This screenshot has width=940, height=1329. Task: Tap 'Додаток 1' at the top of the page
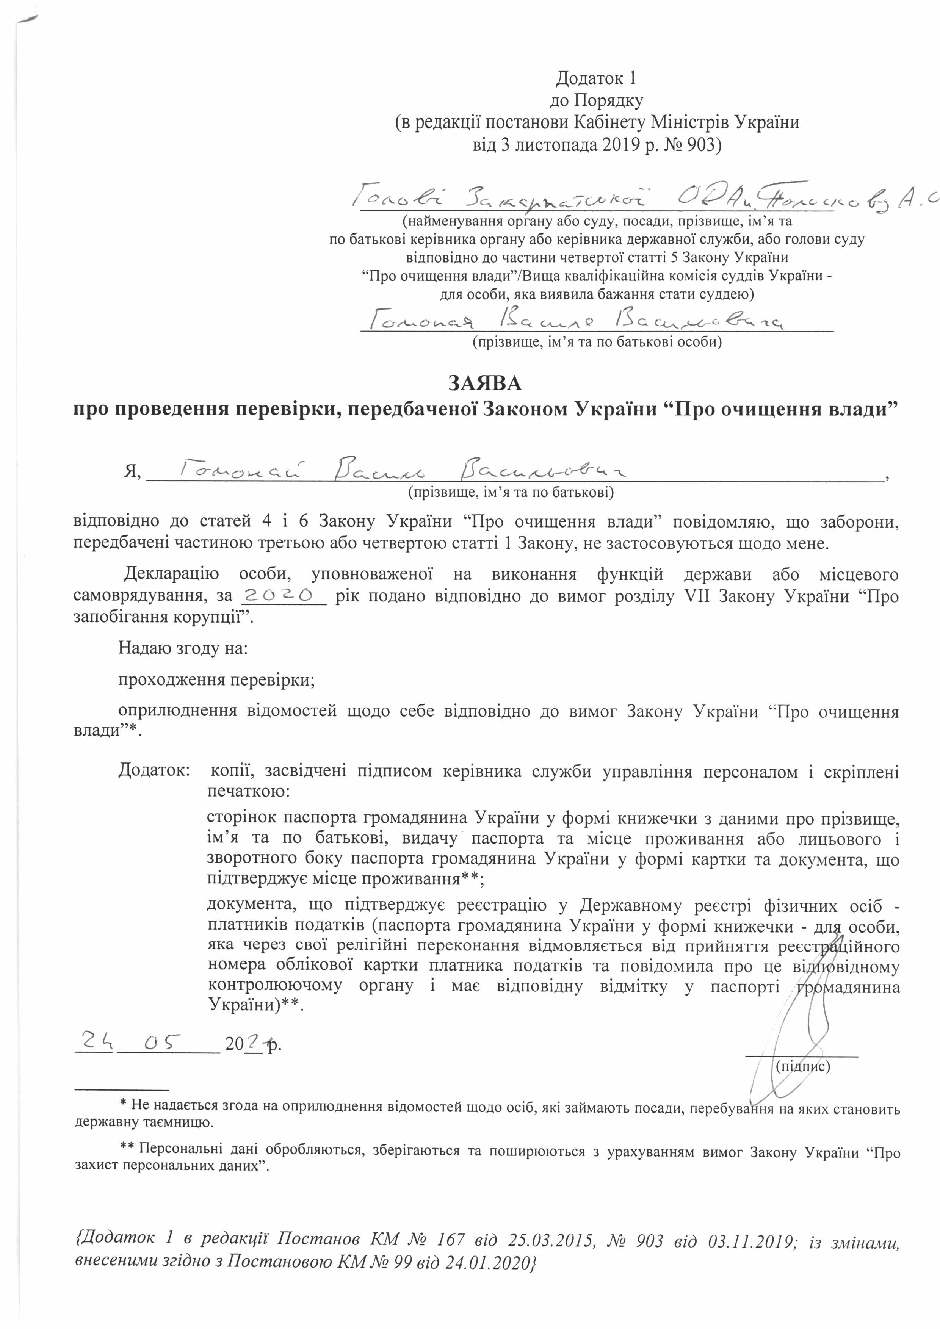click(596, 78)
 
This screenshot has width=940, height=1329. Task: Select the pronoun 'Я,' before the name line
click(133, 472)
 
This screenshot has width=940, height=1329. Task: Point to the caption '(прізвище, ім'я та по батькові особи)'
click(597, 341)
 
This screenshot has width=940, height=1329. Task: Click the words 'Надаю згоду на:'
click(183, 648)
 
